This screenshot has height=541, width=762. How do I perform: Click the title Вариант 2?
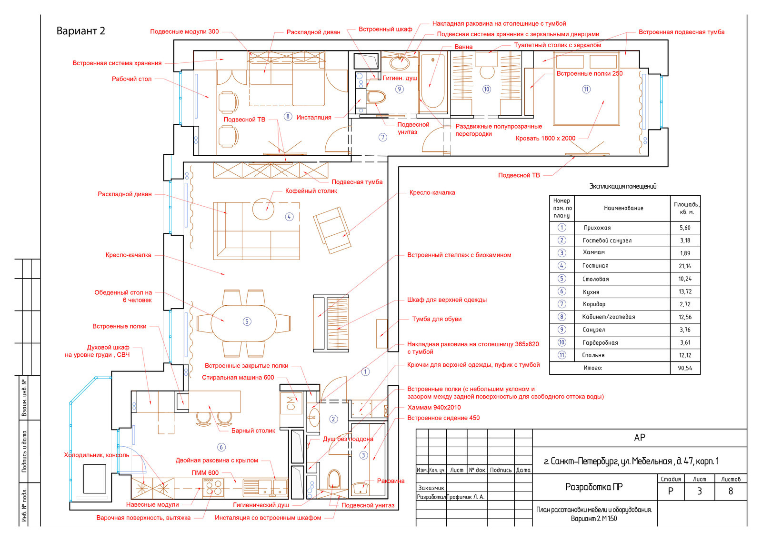pyautogui.click(x=80, y=31)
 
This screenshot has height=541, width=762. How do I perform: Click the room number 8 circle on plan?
pyautogui.click(x=288, y=116)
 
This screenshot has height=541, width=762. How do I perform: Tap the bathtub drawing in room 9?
pyautogui.click(x=433, y=83)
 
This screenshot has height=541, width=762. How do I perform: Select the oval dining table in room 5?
pyautogui.click(x=243, y=323)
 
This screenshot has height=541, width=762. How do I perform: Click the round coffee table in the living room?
pyautogui.click(x=263, y=209)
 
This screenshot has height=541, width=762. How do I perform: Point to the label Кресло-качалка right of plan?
pyautogui.click(x=432, y=192)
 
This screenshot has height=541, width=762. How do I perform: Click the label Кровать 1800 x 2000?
pyautogui.click(x=545, y=139)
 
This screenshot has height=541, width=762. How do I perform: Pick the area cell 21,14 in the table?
pyautogui.click(x=685, y=266)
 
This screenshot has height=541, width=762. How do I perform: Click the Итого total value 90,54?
pyautogui.click(x=685, y=368)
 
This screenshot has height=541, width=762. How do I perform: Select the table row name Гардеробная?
pyautogui.click(x=600, y=342)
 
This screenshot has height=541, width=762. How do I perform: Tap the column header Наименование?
pyautogui.click(x=623, y=208)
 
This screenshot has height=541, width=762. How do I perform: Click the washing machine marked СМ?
pyautogui.click(x=291, y=403)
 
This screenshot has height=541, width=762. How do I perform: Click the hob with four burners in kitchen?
pyautogui.click(x=213, y=488)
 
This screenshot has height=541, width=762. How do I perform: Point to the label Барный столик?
pyautogui.click(x=253, y=431)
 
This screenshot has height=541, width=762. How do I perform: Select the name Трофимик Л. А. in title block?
pyautogui.click(x=465, y=497)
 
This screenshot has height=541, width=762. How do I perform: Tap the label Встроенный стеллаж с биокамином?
pyautogui.click(x=459, y=255)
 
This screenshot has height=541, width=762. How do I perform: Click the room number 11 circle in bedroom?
pyautogui.click(x=586, y=89)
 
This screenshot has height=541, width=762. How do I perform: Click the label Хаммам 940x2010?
pyautogui.click(x=434, y=408)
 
